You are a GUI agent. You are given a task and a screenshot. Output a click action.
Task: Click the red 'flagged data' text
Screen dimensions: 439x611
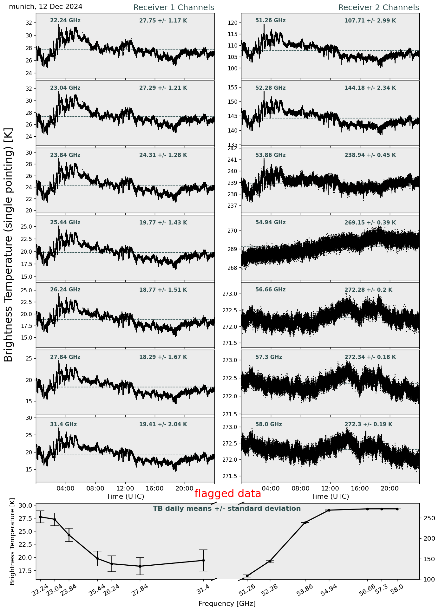227,493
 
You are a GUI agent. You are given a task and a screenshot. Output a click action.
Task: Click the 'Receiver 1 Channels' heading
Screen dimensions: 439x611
174,7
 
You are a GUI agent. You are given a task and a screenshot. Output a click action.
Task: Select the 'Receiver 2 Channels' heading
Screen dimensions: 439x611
378,7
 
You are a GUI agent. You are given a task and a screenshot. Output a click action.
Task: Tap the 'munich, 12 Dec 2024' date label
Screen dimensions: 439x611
46,7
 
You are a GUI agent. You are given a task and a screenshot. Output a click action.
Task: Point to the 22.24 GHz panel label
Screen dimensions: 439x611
65,21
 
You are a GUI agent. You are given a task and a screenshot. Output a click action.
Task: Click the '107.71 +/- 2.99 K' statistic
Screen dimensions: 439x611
370,21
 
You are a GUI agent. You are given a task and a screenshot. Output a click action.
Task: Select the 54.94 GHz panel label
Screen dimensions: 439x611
270,223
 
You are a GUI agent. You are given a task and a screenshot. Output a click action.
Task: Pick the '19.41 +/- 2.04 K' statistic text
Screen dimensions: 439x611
163,424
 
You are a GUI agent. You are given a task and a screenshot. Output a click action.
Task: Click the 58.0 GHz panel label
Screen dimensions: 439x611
268,424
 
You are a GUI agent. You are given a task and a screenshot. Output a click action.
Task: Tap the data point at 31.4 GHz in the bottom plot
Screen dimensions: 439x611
203,560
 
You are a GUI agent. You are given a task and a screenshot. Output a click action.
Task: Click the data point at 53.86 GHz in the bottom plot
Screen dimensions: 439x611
305,523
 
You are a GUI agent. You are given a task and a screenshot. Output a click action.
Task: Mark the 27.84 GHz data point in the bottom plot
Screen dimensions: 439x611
140,566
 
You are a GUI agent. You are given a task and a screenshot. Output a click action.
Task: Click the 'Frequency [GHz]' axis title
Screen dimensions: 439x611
227,603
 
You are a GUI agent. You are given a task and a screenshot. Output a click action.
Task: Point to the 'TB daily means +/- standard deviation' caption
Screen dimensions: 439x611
227,509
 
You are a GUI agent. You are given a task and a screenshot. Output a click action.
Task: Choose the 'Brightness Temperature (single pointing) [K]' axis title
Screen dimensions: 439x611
8,244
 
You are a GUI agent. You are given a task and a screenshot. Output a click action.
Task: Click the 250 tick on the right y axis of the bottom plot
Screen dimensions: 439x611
427,518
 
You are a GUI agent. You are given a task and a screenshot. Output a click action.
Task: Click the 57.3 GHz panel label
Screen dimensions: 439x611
268,357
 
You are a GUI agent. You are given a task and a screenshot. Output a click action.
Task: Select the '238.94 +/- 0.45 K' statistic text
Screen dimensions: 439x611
370,155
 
